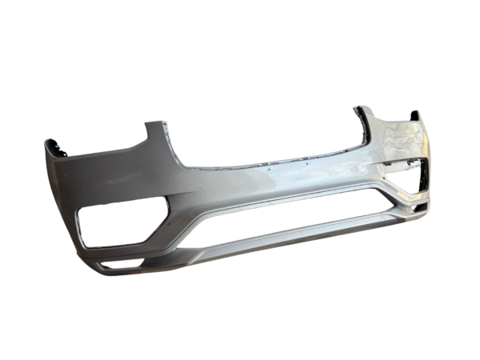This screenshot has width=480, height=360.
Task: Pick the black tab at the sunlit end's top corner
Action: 415,117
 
